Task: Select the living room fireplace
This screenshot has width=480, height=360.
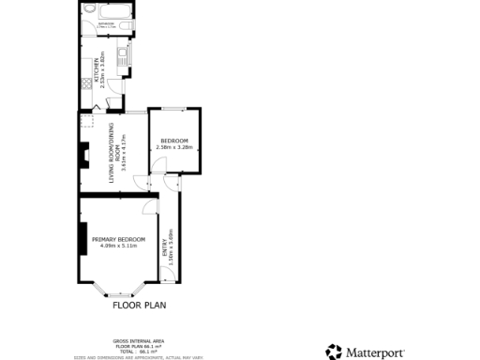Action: (84, 153)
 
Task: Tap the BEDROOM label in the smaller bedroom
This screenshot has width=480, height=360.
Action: (173, 141)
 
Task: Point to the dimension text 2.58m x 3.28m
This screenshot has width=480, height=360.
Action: (173, 147)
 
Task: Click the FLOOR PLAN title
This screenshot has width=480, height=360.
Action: (141, 305)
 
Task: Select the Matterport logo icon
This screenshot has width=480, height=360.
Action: (334, 352)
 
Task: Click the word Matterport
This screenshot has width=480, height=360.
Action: (378, 353)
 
